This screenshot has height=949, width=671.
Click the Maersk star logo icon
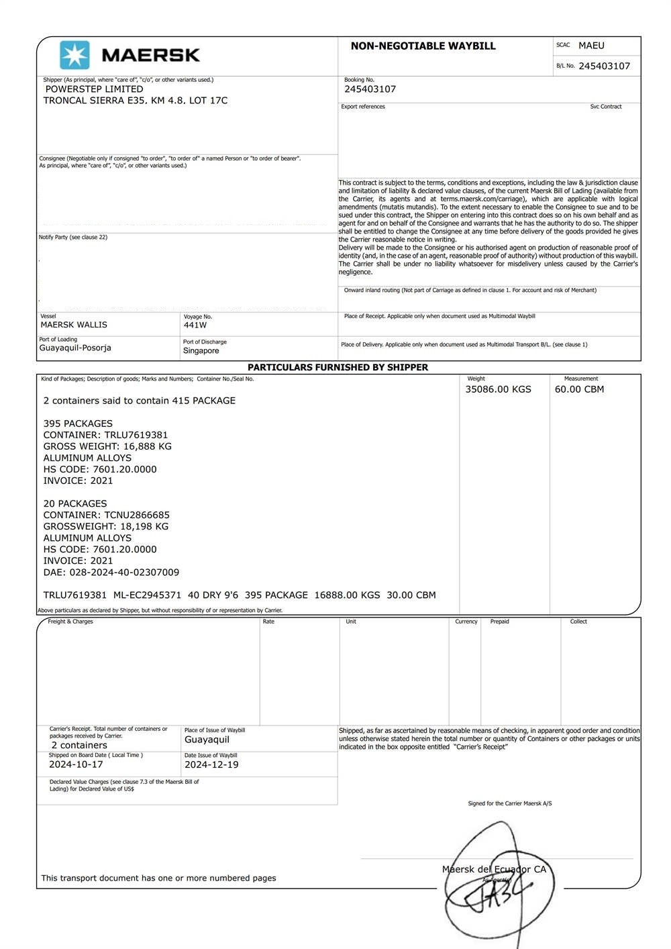[74, 55]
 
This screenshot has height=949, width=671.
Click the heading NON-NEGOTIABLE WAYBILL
[423, 46]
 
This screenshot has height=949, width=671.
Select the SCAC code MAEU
[591, 46]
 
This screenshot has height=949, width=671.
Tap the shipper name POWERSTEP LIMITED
[94, 89]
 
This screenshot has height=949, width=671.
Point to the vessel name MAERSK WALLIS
[74, 325]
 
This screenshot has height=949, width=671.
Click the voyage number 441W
[195, 326]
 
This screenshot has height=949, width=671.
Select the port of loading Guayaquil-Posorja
[75, 348]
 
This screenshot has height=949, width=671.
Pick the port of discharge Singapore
[201, 351]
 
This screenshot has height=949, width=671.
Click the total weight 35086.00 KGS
[498, 389]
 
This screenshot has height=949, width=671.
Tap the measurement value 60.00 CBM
[579, 389]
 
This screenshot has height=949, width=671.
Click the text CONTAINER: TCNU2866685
[106, 515]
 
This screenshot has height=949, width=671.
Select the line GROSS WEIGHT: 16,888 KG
[107, 446]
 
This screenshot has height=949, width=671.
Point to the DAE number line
[111, 572]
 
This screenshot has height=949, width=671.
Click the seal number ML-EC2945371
[147, 595]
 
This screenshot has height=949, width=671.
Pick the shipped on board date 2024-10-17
[76, 764]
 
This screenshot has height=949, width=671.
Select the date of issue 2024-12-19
[211, 765]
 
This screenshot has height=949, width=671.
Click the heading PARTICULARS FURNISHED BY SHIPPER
[338, 368]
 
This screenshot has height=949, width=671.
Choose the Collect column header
[578, 622]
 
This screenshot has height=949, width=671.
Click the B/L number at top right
[604, 66]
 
